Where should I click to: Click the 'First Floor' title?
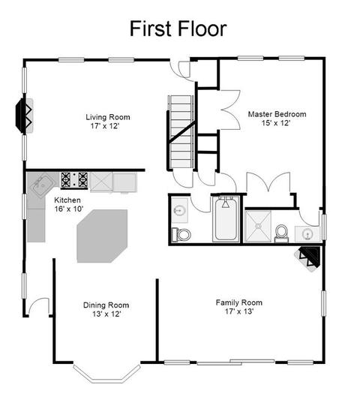pyautogui.click(x=178, y=29)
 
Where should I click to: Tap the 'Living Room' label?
pyautogui.click(x=108, y=117)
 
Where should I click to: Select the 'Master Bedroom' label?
pyautogui.click(x=277, y=114)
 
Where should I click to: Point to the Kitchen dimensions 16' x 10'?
pyautogui.click(x=69, y=209)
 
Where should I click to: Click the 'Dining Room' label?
pyautogui.click(x=106, y=305)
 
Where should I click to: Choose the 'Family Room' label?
pyautogui.click(x=239, y=302)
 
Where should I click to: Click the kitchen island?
pyautogui.click(x=102, y=236)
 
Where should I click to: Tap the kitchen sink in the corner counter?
pyautogui.click(x=41, y=185)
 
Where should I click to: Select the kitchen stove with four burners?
pyautogui.click(x=74, y=180)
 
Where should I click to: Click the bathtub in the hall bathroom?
pyautogui.click(x=226, y=218)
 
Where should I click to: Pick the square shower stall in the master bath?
pyautogui.click(x=258, y=226)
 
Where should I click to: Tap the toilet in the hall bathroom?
pyautogui.click(x=181, y=234)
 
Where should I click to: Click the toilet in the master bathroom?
pyautogui.click(x=281, y=233)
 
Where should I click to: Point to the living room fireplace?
pyautogui.click(x=24, y=116)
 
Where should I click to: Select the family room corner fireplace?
pyautogui.click(x=308, y=258)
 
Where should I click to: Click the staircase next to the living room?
pyautogui.click(x=181, y=132)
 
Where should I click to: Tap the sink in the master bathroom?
pyautogui.click(x=307, y=234)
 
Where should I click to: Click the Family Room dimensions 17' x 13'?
pyautogui.click(x=239, y=311)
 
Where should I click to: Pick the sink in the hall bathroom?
pyautogui.click(x=180, y=210)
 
